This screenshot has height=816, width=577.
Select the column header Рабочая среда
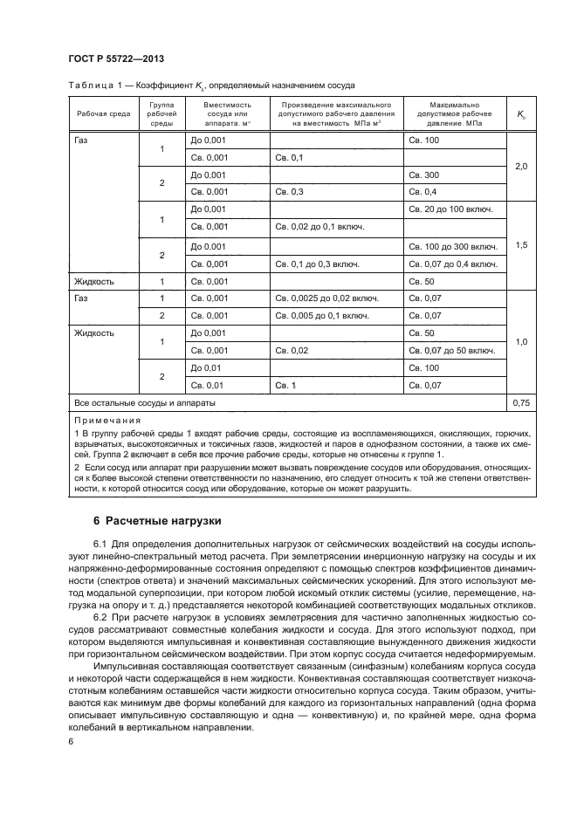pyautogui.click(x=103, y=115)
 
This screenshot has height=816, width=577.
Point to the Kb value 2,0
pyautogui.click(x=521, y=166)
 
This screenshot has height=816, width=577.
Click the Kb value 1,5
pyautogui.click(x=521, y=245)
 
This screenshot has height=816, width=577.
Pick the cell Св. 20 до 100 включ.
pyautogui.click(x=450, y=209)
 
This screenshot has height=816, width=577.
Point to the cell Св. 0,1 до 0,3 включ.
pyautogui.click(x=319, y=263)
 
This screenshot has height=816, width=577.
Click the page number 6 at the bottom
pyautogui.click(x=72, y=742)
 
